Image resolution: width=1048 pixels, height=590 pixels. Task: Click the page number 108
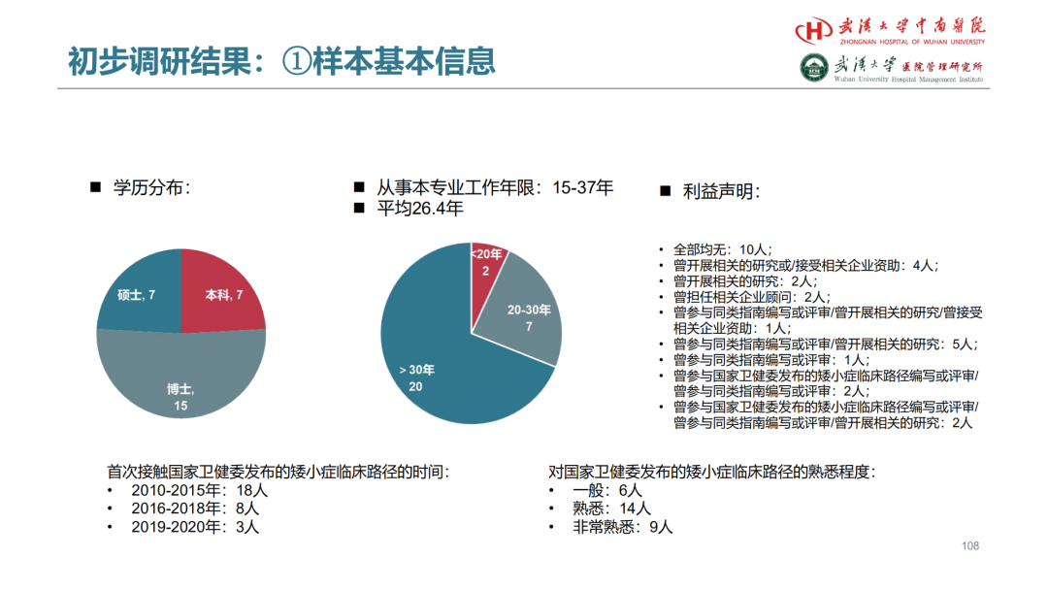coord(969,546)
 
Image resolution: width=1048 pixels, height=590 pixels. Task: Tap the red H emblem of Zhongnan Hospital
coord(814,30)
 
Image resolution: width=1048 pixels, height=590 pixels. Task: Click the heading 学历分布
coord(151,187)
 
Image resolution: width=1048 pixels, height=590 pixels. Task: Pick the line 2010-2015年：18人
coord(200,491)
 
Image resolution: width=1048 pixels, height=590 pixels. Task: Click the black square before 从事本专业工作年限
coord(360,187)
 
